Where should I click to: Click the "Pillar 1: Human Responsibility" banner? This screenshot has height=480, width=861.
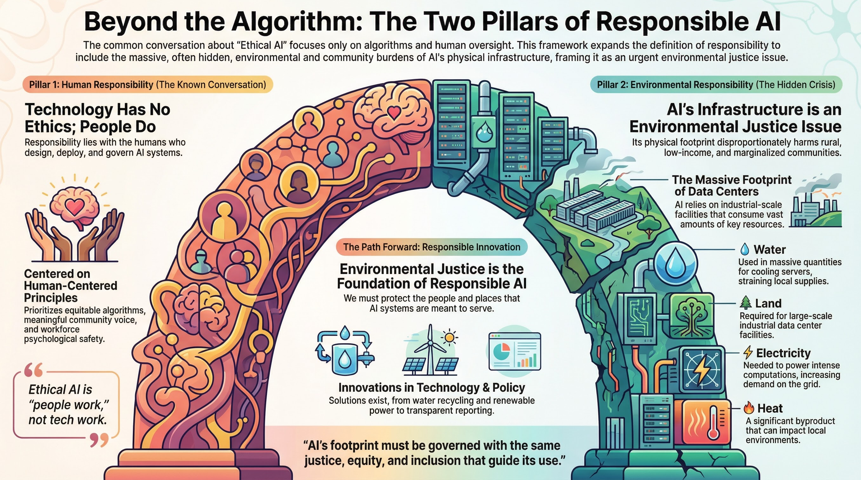(x=147, y=85)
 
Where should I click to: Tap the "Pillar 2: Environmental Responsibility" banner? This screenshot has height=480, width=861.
(x=716, y=85)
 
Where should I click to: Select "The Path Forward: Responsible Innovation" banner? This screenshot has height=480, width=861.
(x=432, y=247)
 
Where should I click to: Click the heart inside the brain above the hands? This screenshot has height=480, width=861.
(x=75, y=205)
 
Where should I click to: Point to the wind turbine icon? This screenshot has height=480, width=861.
(x=430, y=348)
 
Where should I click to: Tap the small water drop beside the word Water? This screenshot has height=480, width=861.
(x=745, y=249)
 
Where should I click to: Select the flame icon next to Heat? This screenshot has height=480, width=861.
(x=749, y=408)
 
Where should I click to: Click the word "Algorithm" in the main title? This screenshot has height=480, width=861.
(x=297, y=22)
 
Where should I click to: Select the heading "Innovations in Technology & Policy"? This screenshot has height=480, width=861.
(x=432, y=387)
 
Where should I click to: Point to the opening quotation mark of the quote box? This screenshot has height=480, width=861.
(x=34, y=370)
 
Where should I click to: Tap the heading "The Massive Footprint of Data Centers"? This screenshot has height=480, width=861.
(x=731, y=186)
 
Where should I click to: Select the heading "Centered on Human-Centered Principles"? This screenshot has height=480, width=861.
(x=71, y=285)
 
